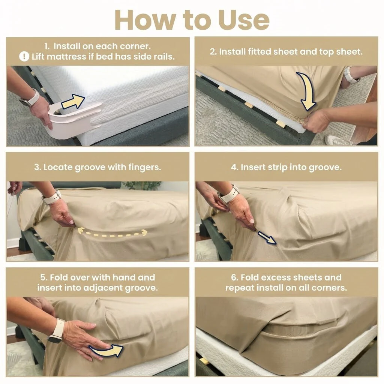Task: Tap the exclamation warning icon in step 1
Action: [x=24, y=57]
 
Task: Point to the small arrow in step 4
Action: [x=267, y=237]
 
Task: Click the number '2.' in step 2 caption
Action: [x=213, y=52]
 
